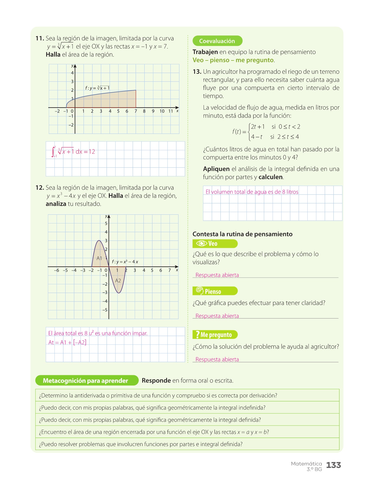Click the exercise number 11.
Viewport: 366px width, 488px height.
coord(40,38)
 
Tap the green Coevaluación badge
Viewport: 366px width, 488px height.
coord(217,41)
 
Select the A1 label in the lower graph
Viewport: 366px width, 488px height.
coord(99,258)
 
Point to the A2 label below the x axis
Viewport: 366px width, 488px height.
coord(118,281)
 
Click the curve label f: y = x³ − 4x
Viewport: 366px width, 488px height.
coord(125,262)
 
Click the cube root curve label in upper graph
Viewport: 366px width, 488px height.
coord(97,88)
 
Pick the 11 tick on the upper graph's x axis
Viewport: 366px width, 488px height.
coord(171,111)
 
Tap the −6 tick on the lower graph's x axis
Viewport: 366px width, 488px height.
coord(56,270)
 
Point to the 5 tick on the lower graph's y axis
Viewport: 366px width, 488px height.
coord(106,223)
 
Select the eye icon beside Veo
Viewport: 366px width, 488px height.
coord(201,243)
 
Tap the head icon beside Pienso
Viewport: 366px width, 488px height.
coord(200,291)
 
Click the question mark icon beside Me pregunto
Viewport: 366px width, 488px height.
coord(197,335)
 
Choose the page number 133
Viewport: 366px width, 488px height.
coord(333,465)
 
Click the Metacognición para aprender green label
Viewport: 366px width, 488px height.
coord(86,381)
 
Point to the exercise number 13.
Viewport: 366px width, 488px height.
coord(197,72)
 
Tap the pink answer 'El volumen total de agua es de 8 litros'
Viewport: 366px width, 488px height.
coord(252,192)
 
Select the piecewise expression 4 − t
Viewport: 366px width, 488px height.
coord(256,137)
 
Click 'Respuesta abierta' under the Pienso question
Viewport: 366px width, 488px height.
coord(217,316)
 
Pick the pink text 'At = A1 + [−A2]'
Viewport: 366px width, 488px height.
coord(68,342)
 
